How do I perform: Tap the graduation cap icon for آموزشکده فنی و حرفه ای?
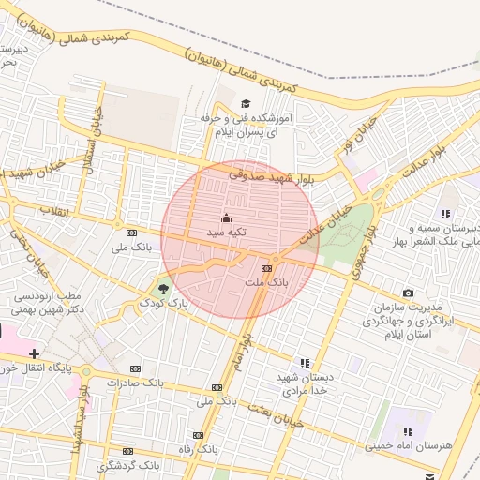point(246,104)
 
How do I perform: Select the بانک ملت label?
point(267,281)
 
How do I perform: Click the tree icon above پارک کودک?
point(164,287)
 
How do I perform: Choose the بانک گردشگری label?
point(127,465)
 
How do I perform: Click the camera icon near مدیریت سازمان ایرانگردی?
point(408,294)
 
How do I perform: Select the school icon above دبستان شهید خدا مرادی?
point(304,362)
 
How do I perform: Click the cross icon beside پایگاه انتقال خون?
point(35,353)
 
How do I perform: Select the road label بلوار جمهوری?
point(361,253)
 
